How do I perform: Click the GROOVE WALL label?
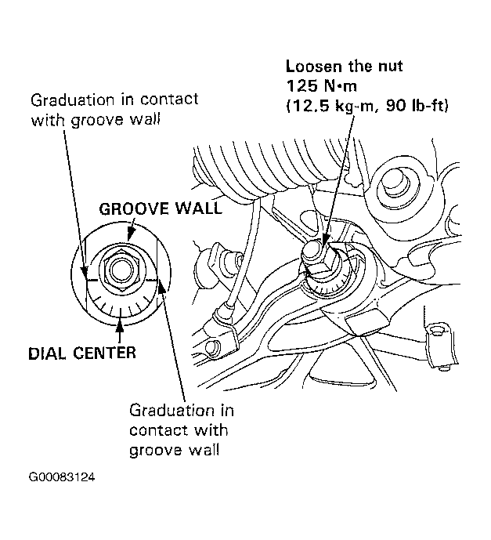pos(161,208)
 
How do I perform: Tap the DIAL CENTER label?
pos(82,353)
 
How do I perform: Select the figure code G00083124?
pos(62,477)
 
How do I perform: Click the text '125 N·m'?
pos(321,85)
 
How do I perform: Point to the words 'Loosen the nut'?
pos(344,66)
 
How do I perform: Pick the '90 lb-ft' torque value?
pos(417,105)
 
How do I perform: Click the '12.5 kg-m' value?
pos(330,106)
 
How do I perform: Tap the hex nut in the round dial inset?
pos(119,270)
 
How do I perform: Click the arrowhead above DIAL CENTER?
pos(119,324)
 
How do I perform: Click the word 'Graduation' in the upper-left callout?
pos(72,100)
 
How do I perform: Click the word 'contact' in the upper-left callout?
pos(169,100)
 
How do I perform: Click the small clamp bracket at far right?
pos(441,344)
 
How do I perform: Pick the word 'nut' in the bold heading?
pos(390,67)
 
